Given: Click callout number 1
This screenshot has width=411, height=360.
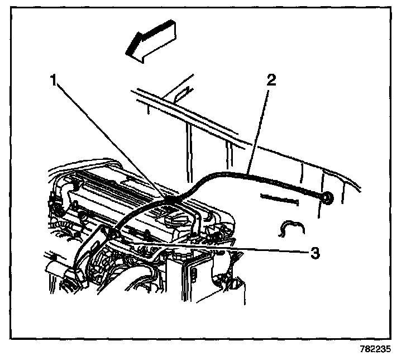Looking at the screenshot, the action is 54,80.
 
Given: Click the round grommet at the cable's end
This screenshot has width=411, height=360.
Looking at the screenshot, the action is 327,197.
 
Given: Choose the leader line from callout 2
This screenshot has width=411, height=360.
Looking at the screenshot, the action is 259,126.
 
